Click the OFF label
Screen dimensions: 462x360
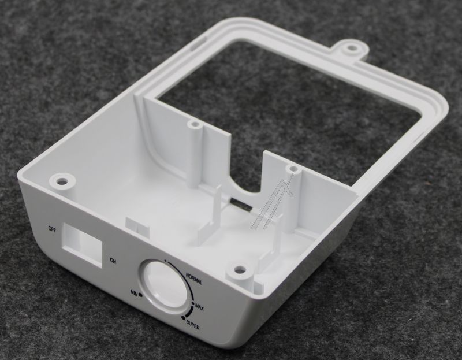tap(52, 229)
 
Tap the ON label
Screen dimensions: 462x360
tap(113, 261)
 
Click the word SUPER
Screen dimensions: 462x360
tap(193, 326)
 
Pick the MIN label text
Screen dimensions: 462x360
tap(135, 292)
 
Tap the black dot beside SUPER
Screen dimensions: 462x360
tap(184, 318)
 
